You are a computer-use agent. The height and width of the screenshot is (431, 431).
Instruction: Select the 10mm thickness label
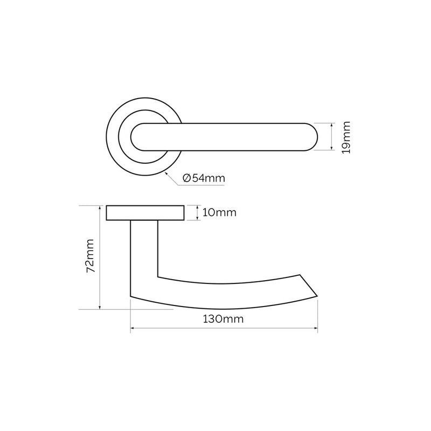tap(219, 213)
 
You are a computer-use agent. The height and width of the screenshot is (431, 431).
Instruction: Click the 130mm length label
tap(224, 319)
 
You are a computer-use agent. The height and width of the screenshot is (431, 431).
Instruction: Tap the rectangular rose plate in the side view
tap(145, 213)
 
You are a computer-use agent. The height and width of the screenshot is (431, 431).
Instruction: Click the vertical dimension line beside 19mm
tap(330, 137)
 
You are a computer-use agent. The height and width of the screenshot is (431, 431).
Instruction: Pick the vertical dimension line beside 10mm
tap(197, 213)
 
